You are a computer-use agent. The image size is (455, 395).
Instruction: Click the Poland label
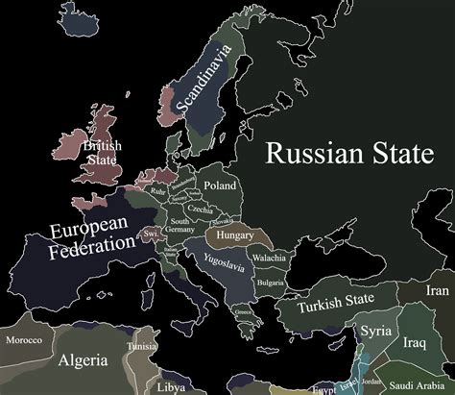[x=219, y=185]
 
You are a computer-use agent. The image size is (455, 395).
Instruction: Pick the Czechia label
[x=200, y=210]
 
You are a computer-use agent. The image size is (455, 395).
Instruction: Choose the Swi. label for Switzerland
[x=150, y=234]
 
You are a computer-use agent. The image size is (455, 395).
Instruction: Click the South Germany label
[x=180, y=227]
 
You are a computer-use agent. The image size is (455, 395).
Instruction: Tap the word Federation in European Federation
[x=93, y=244]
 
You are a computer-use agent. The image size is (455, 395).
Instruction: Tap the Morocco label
[x=23, y=339]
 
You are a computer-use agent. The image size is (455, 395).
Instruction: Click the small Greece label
[x=243, y=311]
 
